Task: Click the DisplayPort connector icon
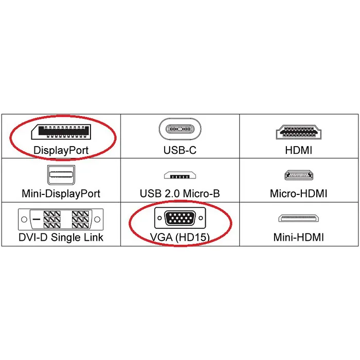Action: pos(61,132)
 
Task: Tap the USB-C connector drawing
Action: pos(180,129)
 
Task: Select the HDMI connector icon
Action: pos(299,132)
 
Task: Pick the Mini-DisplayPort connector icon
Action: pos(61,175)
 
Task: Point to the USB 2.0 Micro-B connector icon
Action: pos(180,175)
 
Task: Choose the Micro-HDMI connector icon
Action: pos(299,175)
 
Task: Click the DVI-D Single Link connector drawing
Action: pos(61,219)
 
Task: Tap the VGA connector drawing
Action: pos(180,218)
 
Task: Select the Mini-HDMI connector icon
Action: pos(298,218)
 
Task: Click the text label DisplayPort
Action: pos(61,150)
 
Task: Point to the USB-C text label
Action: pos(180,150)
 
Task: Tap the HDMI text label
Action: pos(299,150)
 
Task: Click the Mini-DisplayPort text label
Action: pos(61,193)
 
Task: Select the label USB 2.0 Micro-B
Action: pos(180,193)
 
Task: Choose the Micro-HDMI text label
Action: pos(299,193)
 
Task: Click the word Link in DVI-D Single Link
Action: pos(94,237)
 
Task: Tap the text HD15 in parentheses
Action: pos(193,238)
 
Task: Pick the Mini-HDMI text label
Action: pos(299,237)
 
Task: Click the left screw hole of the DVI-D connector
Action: pos(24,219)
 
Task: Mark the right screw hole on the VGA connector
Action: pos(201,218)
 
